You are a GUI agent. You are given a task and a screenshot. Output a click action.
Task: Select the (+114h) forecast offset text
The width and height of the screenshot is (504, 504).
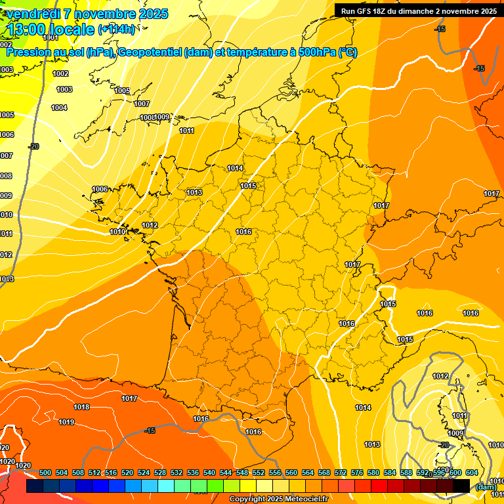coord(116,29)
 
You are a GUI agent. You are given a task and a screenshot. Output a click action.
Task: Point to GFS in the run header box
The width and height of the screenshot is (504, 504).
coord(366,11)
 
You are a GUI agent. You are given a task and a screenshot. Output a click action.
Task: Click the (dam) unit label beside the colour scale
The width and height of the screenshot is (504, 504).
coord(485,486)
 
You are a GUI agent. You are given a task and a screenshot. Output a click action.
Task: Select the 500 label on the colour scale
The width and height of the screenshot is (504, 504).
coord(46,472)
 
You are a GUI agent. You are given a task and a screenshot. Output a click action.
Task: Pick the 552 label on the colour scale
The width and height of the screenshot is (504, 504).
coord(259,472)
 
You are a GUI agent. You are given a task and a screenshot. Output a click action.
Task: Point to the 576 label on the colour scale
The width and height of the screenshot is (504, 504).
coord(357,472)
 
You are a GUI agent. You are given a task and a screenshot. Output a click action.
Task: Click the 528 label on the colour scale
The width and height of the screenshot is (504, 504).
coord(160,472)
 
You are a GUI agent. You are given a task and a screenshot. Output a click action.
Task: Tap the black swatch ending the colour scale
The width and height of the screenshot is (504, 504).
coord(461,486)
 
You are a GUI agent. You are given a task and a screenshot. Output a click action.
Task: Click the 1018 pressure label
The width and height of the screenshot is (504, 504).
coord(81,407)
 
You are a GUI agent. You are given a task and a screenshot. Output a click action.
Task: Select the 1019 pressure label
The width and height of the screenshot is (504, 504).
coord(66,422)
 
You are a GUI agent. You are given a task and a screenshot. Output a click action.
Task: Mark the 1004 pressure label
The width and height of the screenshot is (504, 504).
coord(59,108)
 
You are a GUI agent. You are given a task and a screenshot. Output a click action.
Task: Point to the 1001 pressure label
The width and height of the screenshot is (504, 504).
coord(51,37)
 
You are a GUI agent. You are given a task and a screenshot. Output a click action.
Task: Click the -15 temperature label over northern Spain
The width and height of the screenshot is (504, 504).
coord(150,430)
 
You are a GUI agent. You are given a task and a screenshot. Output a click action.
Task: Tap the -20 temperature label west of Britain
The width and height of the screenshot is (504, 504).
coord(33,146)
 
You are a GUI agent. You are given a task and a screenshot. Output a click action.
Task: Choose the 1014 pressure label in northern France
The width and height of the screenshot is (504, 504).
coord(235,169)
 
